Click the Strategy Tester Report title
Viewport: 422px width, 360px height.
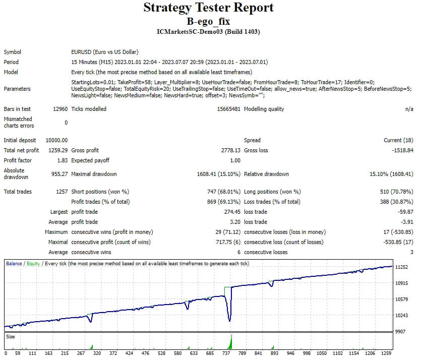209,8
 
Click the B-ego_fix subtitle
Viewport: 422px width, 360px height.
209,22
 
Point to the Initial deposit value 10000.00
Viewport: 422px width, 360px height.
56,140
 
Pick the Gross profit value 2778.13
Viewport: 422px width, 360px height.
229,150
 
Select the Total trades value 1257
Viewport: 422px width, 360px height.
60,192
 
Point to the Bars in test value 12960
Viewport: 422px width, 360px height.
59,109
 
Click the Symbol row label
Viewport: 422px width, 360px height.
13,52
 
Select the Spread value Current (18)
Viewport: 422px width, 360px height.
398,140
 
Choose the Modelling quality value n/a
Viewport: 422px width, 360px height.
408,109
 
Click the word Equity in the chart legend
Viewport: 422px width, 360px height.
33,264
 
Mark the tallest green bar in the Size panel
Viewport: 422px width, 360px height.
231,342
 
